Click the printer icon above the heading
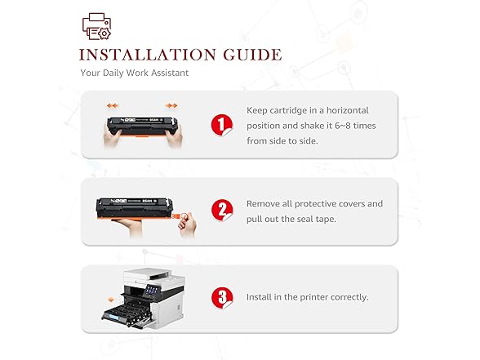(x=96, y=26)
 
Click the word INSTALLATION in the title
(x=148, y=56)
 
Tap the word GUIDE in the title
(x=252, y=56)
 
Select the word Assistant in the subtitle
(x=170, y=73)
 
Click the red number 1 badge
(x=222, y=125)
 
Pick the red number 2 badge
(x=222, y=210)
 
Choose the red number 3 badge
(x=222, y=297)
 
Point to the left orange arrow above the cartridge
(x=113, y=105)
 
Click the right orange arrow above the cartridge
(x=171, y=105)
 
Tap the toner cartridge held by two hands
(x=142, y=126)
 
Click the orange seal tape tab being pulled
(x=176, y=216)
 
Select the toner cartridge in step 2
(x=135, y=208)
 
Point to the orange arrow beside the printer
(x=111, y=300)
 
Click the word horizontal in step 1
(x=348, y=110)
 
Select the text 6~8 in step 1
(x=342, y=126)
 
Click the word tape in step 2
(x=327, y=220)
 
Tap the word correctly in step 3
(x=349, y=297)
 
